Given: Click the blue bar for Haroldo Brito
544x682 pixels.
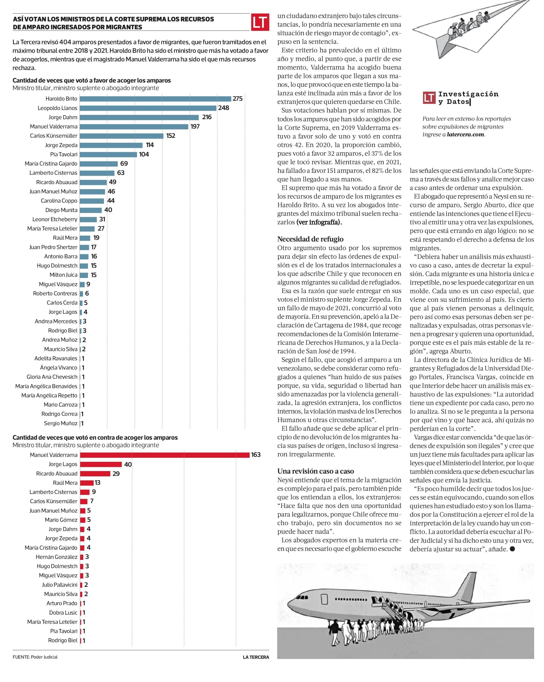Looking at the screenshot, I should (155, 99).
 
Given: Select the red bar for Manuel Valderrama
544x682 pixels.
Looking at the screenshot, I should (164, 455).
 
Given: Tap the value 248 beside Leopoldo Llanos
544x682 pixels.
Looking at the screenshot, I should (223, 108).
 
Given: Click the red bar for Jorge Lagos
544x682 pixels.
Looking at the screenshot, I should (101, 464).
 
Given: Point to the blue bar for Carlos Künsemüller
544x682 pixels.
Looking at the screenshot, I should (121, 136).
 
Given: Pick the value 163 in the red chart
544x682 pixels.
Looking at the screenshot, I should (256, 455).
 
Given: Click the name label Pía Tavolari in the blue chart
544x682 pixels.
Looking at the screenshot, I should (63, 154).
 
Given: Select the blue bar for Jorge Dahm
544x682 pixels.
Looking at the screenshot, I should (139, 117).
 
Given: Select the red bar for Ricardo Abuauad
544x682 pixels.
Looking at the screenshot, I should (95, 474).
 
